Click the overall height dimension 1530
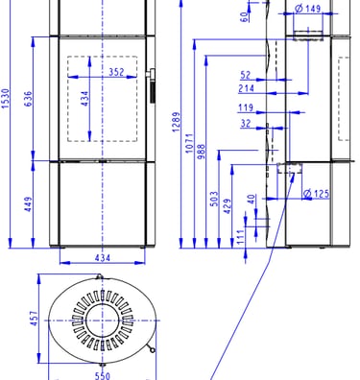[x=6, y=98]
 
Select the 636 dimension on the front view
[x=28, y=99]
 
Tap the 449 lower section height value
[x=28, y=204]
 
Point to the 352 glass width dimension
[x=116, y=72]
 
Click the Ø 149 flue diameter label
[x=307, y=9]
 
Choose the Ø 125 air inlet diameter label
[x=316, y=194]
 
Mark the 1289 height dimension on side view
[x=176, y=122]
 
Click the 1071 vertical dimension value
[x=189, y=143]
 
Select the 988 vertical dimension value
[x=201, y=152]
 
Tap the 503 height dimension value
[x=214, y=199]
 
